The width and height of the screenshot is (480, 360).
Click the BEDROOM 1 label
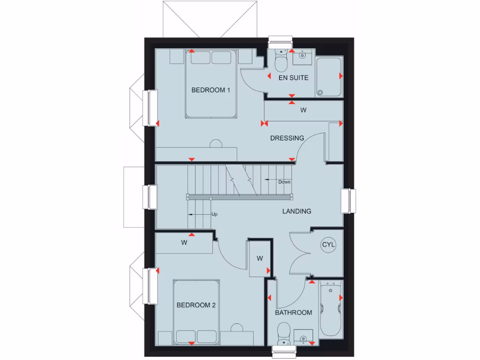(x=210, y=90)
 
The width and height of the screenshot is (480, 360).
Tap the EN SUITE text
(x=293, y=78)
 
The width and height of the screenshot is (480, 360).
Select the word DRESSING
(x=287, y=138)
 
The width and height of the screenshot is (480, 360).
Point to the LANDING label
(x=296, y=211)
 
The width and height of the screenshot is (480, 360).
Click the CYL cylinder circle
(x=329, y=245)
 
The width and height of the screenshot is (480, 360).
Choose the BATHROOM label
(x=293, y=313)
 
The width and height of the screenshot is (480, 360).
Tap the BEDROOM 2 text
(x=196, y=305)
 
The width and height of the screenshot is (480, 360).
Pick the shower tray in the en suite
(x=329, y=77)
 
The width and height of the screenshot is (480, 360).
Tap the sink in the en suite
(x=302, y=59)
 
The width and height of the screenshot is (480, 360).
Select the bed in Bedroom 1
(x=210, y=84)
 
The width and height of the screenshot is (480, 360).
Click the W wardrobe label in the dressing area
(x=303, y=111)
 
